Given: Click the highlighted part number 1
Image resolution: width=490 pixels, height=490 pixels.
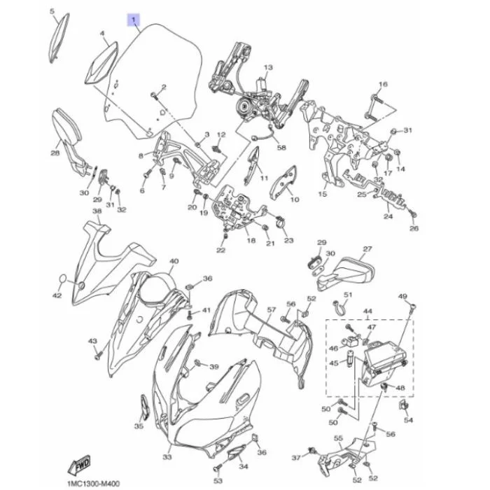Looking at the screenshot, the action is (x=134, y=20).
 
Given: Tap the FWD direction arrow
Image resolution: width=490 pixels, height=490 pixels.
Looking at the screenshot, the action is (x=79, y=464).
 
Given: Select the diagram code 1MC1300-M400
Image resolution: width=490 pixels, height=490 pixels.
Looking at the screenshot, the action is (x=93, y=484).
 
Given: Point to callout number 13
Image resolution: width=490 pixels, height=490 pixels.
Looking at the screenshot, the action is (x=268, y=67).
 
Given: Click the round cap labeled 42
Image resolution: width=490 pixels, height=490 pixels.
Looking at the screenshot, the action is (x=63, y=279).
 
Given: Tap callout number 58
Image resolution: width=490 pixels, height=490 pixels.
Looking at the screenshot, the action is (x=281, y=147).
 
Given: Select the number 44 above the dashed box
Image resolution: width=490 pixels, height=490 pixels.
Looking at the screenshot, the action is (x=367, y=311).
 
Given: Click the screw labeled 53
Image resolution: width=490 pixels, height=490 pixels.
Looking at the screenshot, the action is (x=217, y=468).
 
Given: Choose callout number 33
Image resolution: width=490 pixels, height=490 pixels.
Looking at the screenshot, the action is (x=167, y=457).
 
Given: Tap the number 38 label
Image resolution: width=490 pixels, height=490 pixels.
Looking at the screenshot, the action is (x=97, y=211).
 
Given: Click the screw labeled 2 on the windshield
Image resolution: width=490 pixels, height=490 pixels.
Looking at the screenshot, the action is (x=155, y=95).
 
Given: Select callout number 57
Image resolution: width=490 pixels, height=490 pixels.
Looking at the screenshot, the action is (x=272, y=309).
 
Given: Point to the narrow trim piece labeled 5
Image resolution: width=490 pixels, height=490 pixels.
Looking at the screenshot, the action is (x=59, y=38).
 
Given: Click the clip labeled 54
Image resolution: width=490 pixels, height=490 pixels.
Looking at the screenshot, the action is (x=403, y=405).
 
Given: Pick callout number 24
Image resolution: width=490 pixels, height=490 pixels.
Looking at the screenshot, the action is (x=388, y=216).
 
